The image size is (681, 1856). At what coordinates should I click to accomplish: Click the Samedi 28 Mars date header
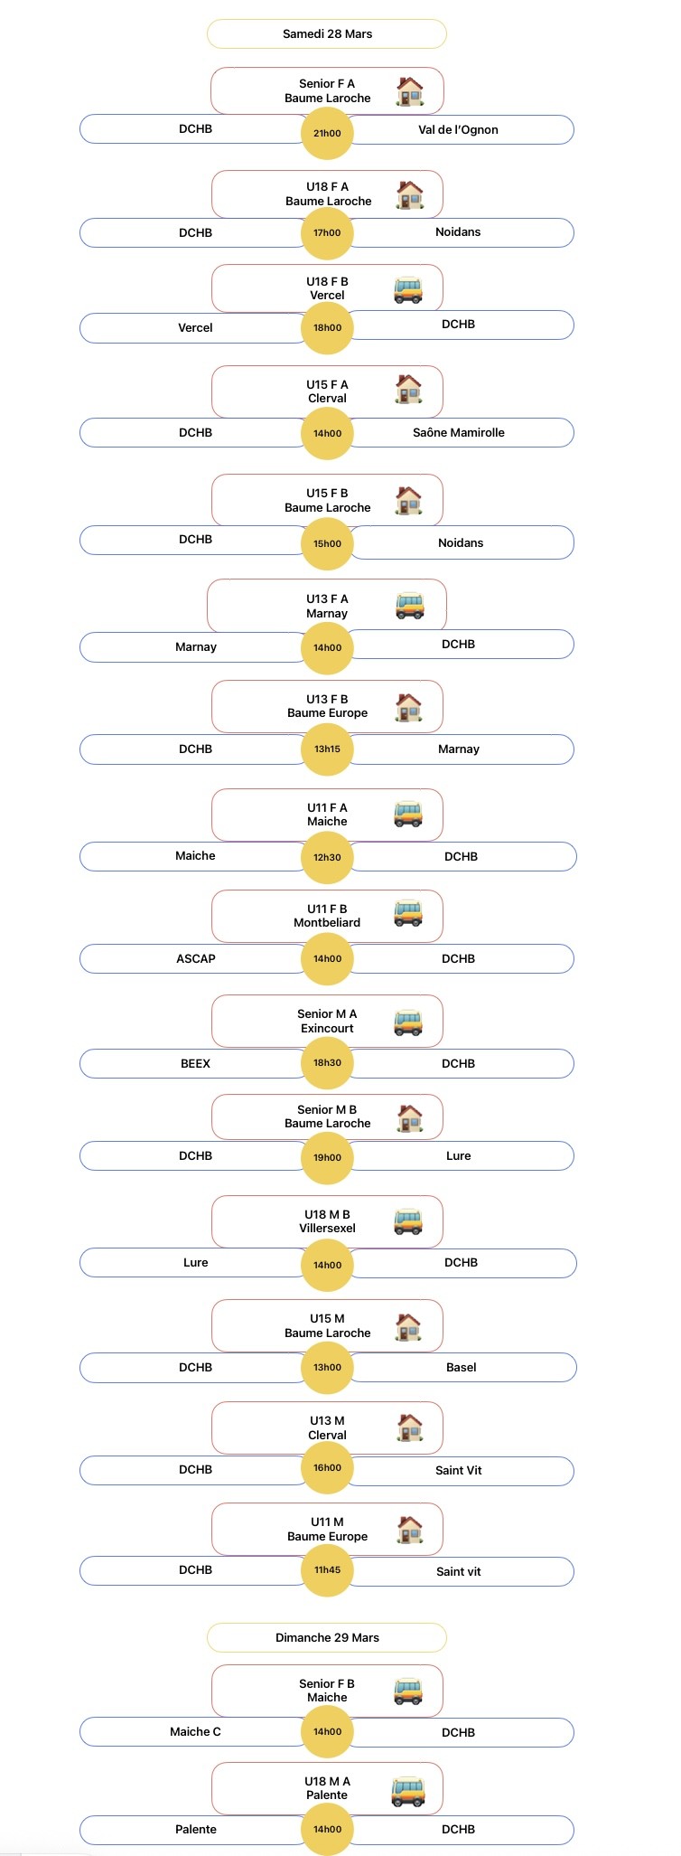pyautogui.click(x=327, y=33)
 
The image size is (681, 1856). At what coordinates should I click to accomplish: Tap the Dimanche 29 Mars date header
pyautogui.click(x=327, y=1637)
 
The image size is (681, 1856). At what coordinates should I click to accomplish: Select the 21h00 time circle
pyautogui.click(x=327, y=133)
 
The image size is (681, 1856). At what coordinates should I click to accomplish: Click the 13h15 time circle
pyautogui.click(x=327, y=749)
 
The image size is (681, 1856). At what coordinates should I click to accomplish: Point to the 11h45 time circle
pyautogui.click(x=327, y=1569)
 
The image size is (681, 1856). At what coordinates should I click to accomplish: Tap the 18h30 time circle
pyautogui.click(x=327, y=1062)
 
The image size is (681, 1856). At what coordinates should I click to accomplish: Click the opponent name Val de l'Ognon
pyautogui.click(x=458, y=129)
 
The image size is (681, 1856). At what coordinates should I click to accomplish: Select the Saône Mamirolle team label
pyautogui.click(x=458, y=432)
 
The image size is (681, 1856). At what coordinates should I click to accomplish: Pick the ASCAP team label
pyautogui.click(x=196, y=958)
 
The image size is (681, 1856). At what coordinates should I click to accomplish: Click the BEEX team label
pyautogui.click(x=196, y=1063)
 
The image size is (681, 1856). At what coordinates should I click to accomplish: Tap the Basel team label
pyautogui.click(x=461, y=1367)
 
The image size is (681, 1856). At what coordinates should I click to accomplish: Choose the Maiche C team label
pyautogui.click(x=196, y=1731)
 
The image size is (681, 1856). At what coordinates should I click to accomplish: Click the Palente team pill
pyautogui.click(x=196, y=1829)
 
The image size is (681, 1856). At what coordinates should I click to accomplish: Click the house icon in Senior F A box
pyautogui.click(x=409, y=91)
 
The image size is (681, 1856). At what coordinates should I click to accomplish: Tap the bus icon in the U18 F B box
pyautogui.click(x=408, y=289)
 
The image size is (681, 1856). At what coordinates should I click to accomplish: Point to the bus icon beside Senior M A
pyautogui.click(x=408, y=1022)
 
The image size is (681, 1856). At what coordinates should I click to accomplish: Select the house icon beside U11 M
pyautogui.click(x=409, y=1530)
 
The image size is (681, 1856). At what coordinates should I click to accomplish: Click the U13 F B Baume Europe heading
pyautogui.click(x=327, y=706)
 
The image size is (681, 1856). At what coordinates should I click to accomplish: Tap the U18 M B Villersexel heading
pyautogui.click(x=327, y=1221)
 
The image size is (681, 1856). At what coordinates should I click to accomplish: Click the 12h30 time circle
pyautogui.click(x=327, y=856)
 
